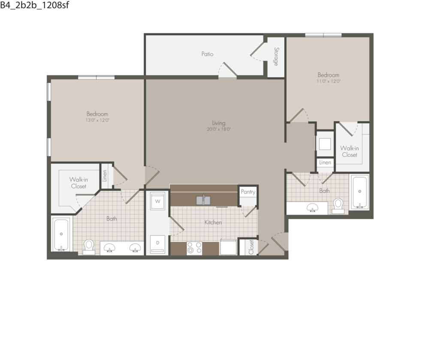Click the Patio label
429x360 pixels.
(207, 54)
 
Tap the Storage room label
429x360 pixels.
(276, 57)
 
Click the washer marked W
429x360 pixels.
(157, 201)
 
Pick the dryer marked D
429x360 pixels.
(157, 243)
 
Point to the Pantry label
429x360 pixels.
(248, 192)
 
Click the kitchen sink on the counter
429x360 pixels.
(203, 200)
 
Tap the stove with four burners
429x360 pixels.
(194, 248)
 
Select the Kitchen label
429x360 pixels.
(213, 222)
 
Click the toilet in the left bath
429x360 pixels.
(89, 246)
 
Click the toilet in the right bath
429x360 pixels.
(338, 205)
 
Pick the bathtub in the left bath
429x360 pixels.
(61, 234)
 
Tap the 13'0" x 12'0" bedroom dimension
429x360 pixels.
(97, 120)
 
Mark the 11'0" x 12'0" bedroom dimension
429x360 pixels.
(329, 81)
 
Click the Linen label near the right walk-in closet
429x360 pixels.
(325, 163)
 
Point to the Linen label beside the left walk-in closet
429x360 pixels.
(105, 176)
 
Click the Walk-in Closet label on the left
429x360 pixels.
(79, 183)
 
